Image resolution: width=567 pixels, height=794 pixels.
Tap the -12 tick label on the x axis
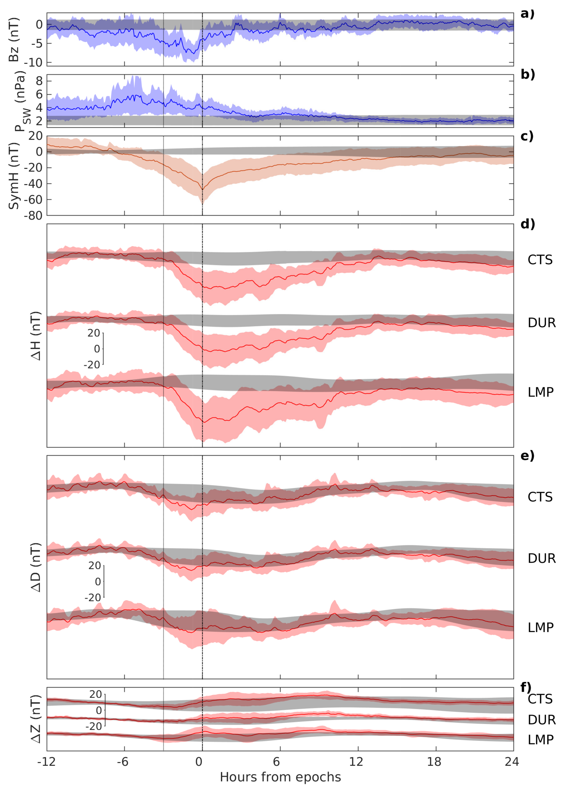pyautogui.click(x=46, y=762)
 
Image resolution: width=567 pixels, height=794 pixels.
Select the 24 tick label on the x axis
pyautogui.click(x=512, y=762)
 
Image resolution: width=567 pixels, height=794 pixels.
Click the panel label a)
pyautogui.click(x=527, y=14)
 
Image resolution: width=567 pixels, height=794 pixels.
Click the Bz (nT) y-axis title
pyautogui.click(x=14, y=39)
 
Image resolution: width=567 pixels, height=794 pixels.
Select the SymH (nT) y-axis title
pyautogui.click(x=14, y=176)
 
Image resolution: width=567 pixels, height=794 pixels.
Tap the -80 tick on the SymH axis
pyautogui.click(x=33, y=215)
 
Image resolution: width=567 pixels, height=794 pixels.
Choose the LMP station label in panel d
pyautogui.click(x=540, y=392)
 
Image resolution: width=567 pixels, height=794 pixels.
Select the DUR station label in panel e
pyautogui.click(x=541, y=558)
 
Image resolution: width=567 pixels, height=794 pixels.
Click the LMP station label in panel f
pyautogui.click(x=540, y=739)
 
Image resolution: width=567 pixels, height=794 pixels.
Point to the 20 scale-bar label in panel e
pyautogui.click(x=94, y=565)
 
